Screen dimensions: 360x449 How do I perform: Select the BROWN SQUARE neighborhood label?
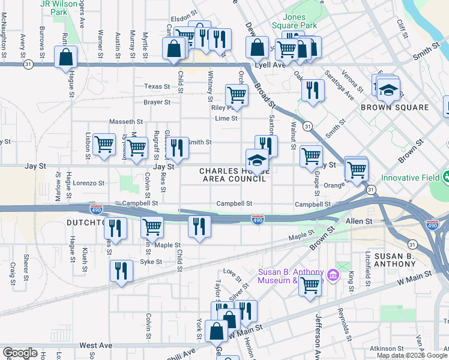(394, 107)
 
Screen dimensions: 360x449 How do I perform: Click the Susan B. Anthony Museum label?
(291, 276)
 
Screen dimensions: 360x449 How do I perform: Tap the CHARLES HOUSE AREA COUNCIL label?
(234, 175)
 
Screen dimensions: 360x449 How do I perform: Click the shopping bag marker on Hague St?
(66, 58)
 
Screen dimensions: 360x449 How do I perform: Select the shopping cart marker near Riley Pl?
(237, 94)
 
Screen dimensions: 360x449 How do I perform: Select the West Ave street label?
(96, 346)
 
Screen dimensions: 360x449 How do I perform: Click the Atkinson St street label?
(387, 349)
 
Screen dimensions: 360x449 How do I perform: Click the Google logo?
(20, 353)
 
